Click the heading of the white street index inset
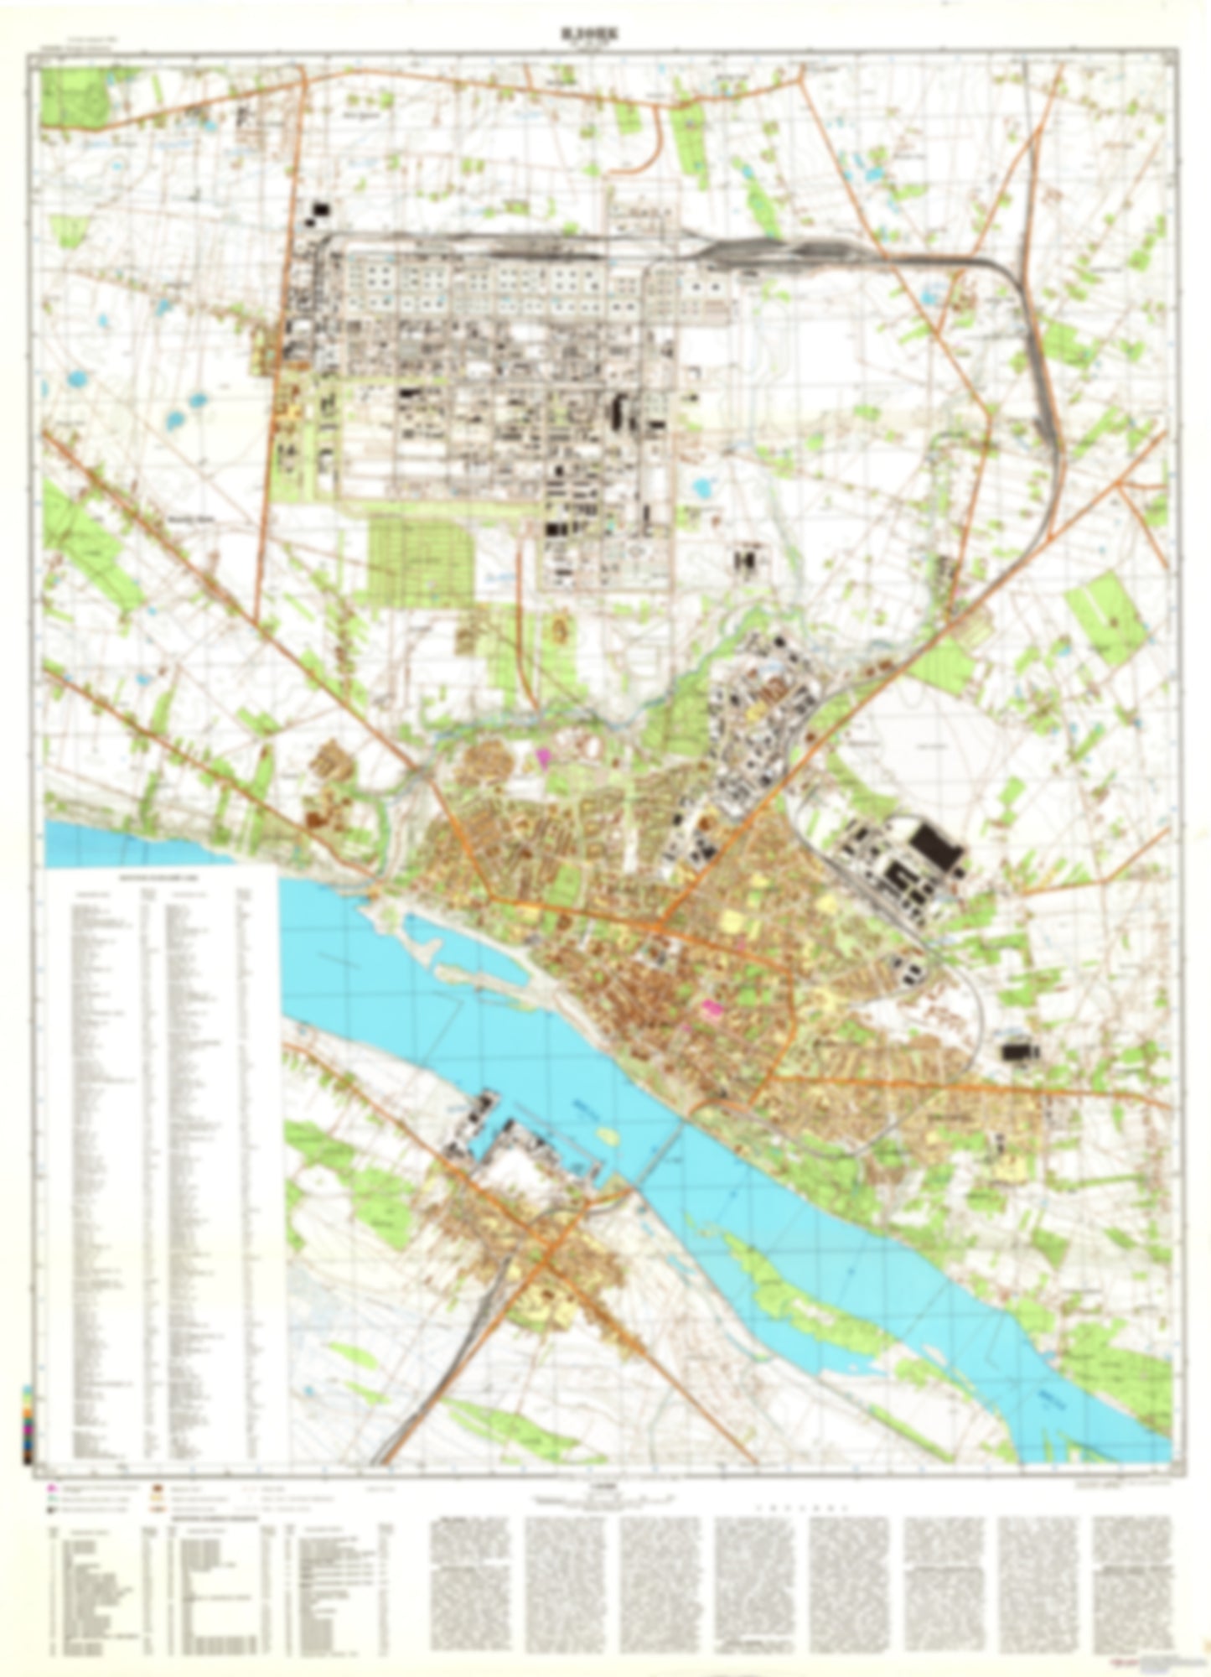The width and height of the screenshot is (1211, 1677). click(x=160, y=878)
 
